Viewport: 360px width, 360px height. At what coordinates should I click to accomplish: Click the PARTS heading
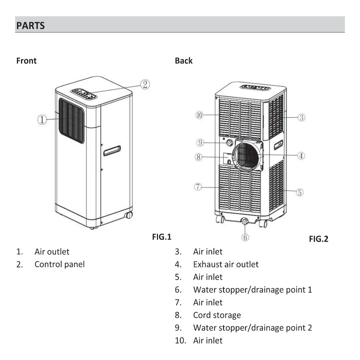tap(30, 26)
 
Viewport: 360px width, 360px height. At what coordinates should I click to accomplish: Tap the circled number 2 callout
tap(145, 84)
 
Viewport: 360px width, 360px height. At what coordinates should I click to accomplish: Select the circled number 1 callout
tap(42, 120)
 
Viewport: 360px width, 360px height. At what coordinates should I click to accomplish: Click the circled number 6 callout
tap(245, 237)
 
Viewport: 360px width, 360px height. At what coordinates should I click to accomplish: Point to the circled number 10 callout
tap(199, 115)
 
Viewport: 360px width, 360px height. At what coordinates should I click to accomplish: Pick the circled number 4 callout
tap(301, 156)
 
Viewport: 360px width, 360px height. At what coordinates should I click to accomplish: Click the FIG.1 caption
tap(162, 237)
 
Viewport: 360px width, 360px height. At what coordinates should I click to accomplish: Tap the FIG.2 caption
tap(318, 239)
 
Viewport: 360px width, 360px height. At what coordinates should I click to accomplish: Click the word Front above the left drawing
tap(26, 61)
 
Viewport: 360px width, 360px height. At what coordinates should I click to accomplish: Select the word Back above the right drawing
tap(184, 61)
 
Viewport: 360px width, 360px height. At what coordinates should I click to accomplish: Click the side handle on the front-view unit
tap(112, 151)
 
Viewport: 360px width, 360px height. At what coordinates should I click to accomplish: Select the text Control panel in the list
tap(59, 264)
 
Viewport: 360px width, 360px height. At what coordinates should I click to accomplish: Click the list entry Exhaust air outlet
tap(226, 264)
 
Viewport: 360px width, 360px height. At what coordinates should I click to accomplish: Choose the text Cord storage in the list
tap(217, 315)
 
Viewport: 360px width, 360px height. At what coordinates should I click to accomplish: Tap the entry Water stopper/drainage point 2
tap(252, 328)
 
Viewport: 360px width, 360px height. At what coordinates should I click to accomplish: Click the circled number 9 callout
tap(200, 143)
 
